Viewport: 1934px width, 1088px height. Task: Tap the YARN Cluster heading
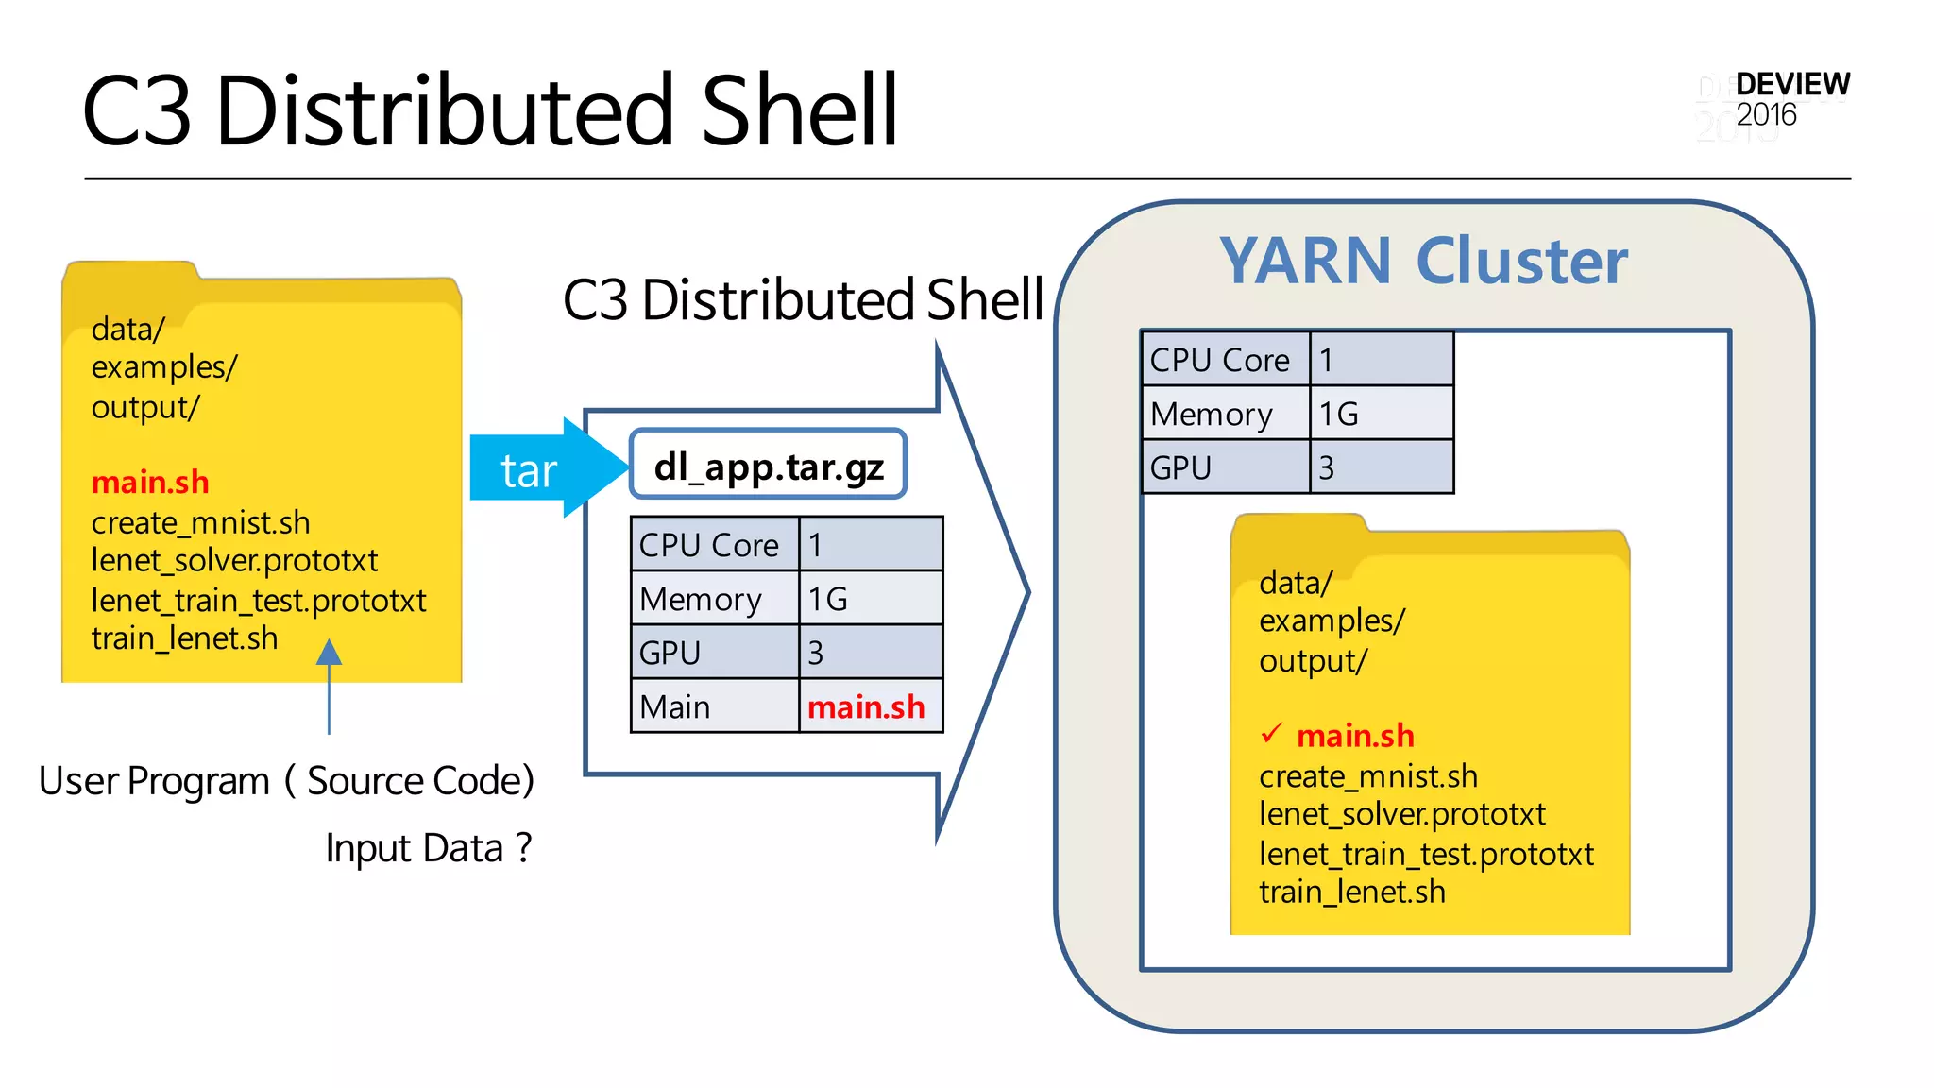(1423, 262)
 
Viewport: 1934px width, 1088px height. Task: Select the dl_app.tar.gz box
(769, 466)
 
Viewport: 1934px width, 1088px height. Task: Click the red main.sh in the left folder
(150, 483)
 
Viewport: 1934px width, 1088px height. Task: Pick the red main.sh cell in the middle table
(867, 706)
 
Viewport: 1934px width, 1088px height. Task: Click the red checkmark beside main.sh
(1272, 733)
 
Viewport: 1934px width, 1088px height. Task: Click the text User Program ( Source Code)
(286, 781)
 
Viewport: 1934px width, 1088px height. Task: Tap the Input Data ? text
(429, 848)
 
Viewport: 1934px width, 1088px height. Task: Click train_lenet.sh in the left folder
(185, 638)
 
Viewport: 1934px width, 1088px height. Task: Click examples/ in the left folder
(164, 367)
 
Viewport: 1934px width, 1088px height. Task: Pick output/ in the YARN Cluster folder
(1312, 661)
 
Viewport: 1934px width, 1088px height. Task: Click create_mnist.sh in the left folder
(200, 522)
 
